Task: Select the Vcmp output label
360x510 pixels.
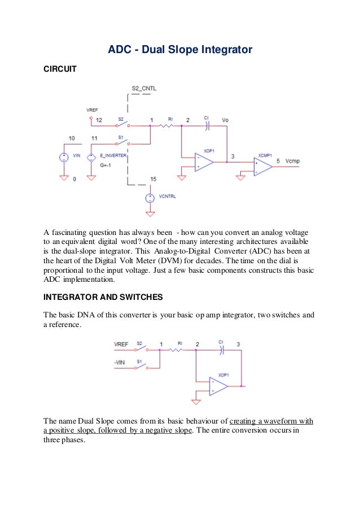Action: tap(293, 161)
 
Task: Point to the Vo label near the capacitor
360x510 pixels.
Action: tap(225, 120)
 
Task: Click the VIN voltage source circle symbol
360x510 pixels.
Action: tap(64, 158)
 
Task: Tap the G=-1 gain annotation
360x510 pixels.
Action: tap(106, 165)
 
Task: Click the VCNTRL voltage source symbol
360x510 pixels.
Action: tap(150, 198)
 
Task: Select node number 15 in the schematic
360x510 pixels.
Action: tap(153, 179)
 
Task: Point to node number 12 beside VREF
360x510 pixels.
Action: tap(99, 120)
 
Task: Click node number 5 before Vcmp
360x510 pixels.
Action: tap(278, 161)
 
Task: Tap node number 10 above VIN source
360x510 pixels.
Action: tap(71, 138)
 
